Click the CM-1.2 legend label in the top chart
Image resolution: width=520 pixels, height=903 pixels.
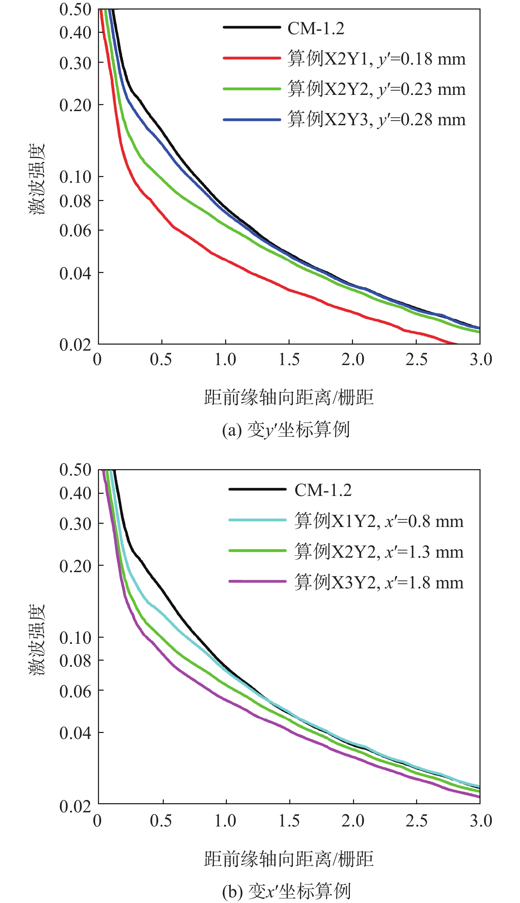pos(316,28)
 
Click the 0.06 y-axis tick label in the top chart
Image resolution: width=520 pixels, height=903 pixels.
pos(75,231)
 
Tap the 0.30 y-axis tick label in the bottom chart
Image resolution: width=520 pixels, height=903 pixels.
pos(75,524)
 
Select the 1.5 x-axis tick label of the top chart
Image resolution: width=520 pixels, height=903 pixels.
pos(289,359)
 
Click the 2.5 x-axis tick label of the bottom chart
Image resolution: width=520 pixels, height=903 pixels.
pos(416,820)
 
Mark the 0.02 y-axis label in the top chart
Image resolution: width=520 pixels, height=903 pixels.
pos(75,345)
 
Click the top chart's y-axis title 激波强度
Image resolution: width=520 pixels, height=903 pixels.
pos(37,179)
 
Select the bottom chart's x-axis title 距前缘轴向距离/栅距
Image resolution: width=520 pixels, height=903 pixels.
pos(289,859)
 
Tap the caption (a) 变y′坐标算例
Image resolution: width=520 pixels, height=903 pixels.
pos(286,430)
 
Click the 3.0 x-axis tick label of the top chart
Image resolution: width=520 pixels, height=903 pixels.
pos(481,359)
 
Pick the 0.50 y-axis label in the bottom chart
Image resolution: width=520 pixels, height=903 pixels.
pos(75,470)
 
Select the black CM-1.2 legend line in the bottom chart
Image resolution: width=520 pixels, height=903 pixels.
pos(257,489)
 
